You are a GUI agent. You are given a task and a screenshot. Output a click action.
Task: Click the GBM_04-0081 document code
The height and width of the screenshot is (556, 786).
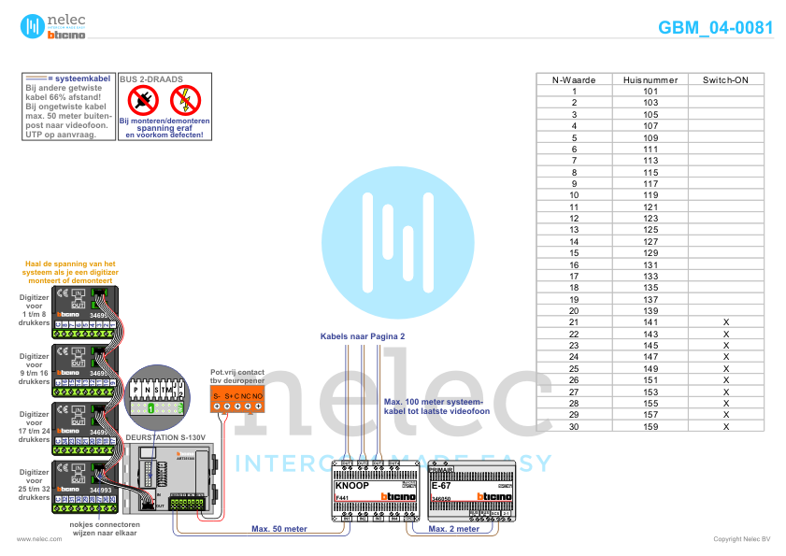(715, 27)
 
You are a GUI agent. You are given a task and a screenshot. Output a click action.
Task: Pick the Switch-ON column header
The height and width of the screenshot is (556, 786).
(725, 79)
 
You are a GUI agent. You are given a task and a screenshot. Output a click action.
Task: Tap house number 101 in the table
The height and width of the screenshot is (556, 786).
(650, 92)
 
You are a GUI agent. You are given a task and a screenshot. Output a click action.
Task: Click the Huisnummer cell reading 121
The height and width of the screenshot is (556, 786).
(650, 207)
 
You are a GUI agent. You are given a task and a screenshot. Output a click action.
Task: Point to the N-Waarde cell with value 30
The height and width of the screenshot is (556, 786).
(574, 426)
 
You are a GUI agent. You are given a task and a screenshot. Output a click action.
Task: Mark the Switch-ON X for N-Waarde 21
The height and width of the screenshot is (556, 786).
(725, 321)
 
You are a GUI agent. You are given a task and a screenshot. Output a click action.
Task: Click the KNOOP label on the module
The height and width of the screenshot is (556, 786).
(351, 486)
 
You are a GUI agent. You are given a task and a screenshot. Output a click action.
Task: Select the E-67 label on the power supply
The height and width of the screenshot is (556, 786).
(441, 486)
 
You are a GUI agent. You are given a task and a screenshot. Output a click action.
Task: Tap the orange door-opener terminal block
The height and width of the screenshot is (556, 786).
(237, 398)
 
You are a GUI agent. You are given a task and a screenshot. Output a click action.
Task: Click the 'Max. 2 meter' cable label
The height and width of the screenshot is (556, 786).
(454, 529)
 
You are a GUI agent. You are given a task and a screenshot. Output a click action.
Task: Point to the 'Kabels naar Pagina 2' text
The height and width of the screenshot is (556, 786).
(363, 335)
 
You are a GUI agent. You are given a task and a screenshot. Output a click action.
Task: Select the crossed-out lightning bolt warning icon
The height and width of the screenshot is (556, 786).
(186, 100)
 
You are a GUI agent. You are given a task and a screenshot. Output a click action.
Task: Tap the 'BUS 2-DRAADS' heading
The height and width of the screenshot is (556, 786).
(150, 79)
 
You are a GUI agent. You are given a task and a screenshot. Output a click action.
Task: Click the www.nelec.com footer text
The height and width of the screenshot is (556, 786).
(33, 539)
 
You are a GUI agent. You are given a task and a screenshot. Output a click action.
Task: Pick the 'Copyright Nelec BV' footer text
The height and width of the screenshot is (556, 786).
(742, 539)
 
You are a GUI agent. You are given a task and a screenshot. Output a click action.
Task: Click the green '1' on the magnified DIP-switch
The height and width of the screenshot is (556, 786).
(151, 408)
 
